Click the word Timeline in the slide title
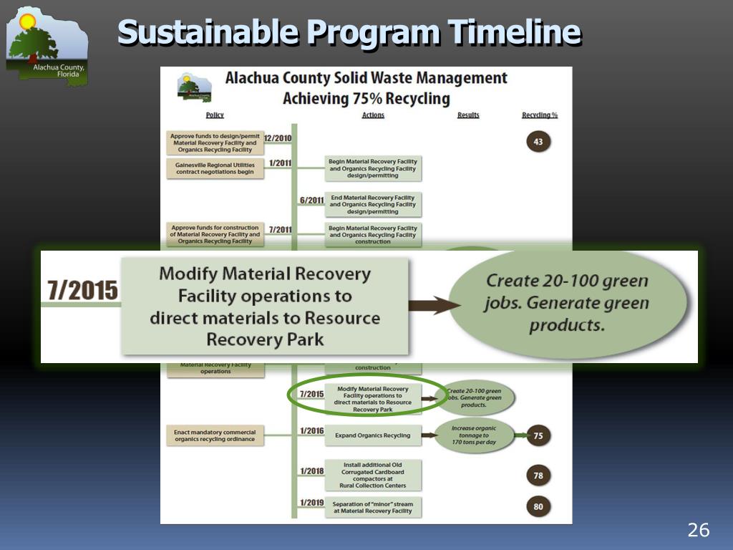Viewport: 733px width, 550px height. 513,33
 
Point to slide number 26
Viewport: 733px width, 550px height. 698,530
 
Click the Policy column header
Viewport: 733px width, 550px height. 215,115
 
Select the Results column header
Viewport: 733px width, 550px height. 468,115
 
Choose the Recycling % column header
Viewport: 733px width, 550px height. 540,115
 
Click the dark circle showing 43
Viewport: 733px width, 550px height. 538,142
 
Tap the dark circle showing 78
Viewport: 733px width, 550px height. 538,475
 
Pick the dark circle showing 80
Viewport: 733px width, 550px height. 538,507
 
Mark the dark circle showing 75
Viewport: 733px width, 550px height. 538,435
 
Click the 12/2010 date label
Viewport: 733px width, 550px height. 277,137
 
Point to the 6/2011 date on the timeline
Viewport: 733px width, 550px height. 311,201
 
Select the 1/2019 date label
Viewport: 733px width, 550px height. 312,503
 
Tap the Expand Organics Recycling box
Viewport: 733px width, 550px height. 373,435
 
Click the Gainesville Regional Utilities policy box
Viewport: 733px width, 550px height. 215,168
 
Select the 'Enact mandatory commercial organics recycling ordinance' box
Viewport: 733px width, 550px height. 215,435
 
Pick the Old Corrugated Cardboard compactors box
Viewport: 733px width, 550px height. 373,475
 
